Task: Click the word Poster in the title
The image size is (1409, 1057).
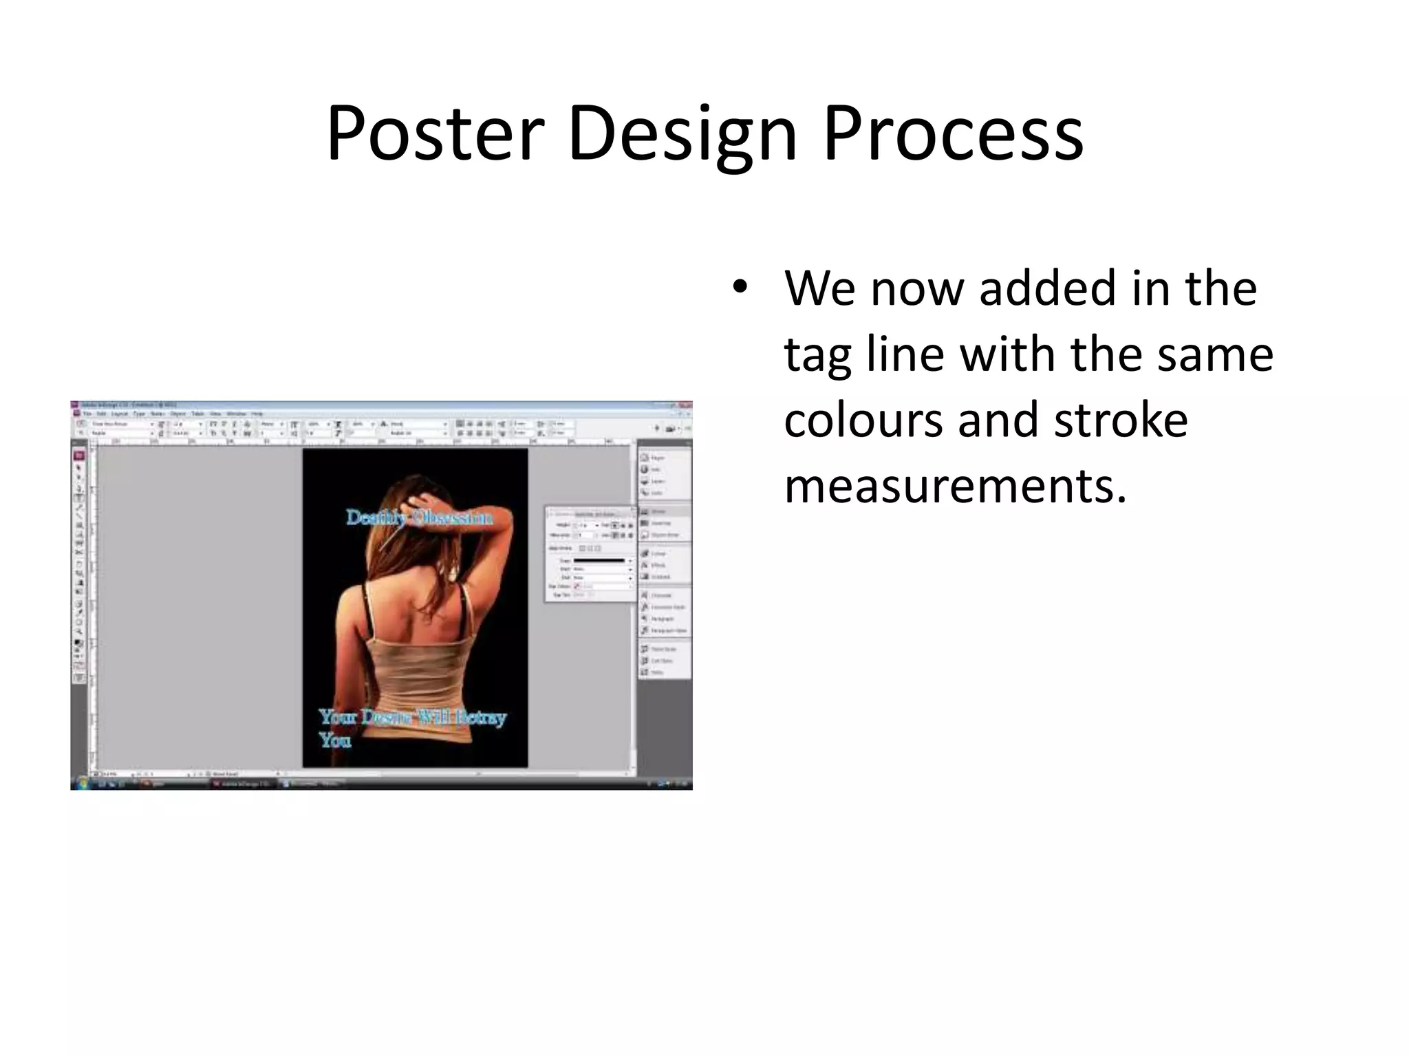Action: (435, 134)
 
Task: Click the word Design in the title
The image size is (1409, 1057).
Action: (681, 134)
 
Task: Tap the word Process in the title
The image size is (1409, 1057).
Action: (953, 134)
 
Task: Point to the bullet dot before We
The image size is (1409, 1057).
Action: (740, 288)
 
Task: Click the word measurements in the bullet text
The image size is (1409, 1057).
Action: (955, 486)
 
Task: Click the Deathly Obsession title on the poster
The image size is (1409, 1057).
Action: (418, 517)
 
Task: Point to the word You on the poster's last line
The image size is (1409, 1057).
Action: (335, 741)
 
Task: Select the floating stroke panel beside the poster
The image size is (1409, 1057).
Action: (590, 554)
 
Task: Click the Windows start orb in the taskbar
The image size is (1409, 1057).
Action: (83, 782)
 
